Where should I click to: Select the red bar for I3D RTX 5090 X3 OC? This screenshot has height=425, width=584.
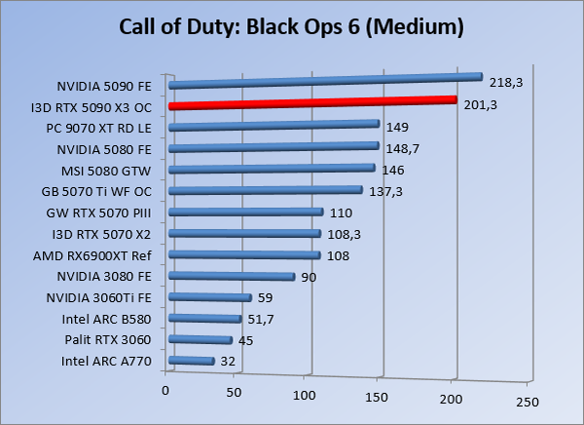(311, 102)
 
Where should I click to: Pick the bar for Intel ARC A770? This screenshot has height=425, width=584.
(192, 361)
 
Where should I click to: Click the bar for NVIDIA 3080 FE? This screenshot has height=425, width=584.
(232, 277)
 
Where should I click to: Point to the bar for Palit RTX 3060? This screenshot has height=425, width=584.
(201, 339)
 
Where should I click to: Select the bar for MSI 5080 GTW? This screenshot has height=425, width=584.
(272, 168)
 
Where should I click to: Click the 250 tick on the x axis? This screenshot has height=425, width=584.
(527, 401)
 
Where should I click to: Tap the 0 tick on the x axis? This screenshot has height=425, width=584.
(166, 391)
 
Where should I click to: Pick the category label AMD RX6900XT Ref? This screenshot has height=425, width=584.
(104, 255)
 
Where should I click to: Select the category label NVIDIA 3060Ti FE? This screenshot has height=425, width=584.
(106, 297)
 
